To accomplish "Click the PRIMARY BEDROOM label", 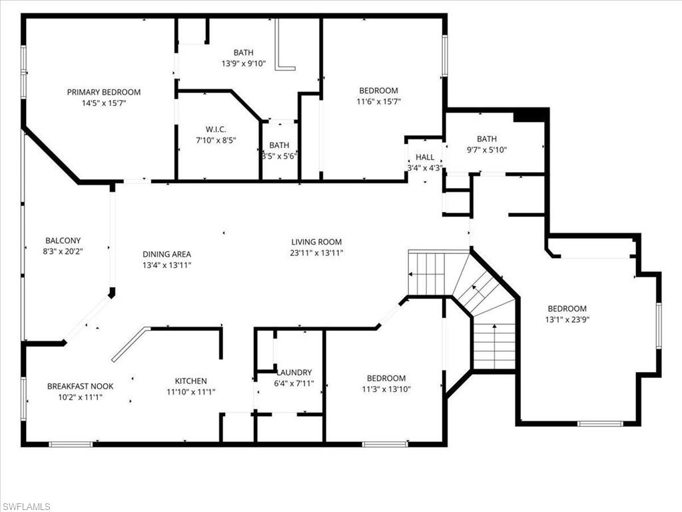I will coord(103,92).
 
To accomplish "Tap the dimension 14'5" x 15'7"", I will coord(103,103).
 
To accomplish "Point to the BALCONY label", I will coord(63,241).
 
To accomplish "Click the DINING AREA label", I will coord(167,254).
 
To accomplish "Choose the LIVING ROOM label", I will coord(316,242).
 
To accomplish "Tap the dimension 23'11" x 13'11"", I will coord(316,253).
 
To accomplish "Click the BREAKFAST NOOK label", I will coord(80,386).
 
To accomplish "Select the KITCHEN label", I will coord(190,381).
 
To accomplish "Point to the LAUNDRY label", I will coord(294,373).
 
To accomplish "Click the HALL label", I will coord(425,157).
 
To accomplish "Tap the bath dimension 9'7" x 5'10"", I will coord(487,150).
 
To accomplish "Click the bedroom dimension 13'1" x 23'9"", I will coord(567,319).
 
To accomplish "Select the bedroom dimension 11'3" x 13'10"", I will coord(386,389).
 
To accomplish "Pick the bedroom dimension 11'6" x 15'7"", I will coord(378,102).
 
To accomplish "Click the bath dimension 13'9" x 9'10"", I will coord(243,64).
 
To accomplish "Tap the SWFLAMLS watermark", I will coord(26,507).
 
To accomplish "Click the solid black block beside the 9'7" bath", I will coord(530,116).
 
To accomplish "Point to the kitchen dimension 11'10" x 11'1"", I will coord(190,392).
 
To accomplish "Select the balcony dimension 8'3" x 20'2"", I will coord(63,251).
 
